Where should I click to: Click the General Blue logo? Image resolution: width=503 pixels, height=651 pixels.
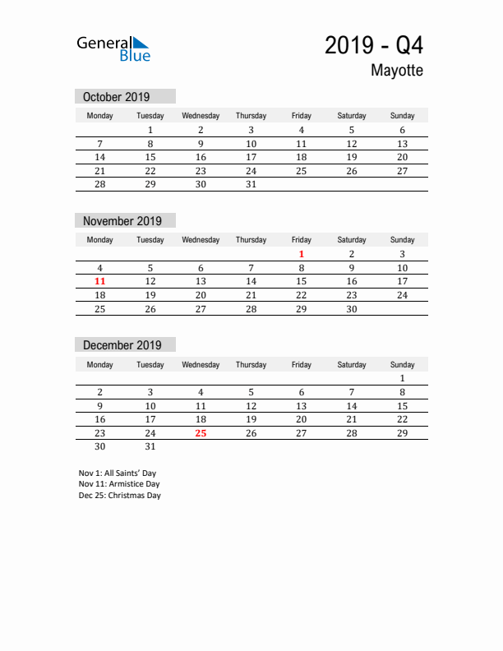113,48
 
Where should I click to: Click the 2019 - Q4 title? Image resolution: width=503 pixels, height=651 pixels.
374,44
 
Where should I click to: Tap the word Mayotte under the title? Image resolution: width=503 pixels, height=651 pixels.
396,71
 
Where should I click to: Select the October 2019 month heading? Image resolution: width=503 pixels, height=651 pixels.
116,97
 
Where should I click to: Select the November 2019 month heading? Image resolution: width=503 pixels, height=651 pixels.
122,221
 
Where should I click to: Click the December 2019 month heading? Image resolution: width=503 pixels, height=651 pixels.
122,345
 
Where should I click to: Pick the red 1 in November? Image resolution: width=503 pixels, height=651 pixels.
302,254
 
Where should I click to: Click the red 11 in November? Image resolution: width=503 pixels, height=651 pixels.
100,281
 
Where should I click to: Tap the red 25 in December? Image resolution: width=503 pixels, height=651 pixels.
201,433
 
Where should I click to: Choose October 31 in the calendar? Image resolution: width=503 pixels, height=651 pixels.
251,184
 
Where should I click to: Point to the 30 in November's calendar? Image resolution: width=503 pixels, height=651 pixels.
352,308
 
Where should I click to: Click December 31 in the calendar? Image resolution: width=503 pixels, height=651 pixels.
150,446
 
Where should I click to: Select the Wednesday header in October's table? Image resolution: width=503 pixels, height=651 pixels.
201,116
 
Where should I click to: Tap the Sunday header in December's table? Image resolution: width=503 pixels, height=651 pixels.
402,364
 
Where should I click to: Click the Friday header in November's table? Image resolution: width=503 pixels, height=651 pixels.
302,240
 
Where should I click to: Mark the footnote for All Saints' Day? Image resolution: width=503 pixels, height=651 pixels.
118,473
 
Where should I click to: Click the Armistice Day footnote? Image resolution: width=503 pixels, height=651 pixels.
119,484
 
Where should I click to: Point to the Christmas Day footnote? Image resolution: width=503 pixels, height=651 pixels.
120,496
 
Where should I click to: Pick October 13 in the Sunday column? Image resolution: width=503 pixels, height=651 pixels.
402,144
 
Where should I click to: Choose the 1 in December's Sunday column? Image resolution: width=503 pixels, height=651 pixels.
402,378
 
